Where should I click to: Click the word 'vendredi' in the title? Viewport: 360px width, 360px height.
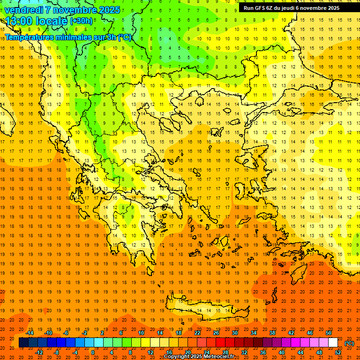pyautogui.click(x=24, y=10)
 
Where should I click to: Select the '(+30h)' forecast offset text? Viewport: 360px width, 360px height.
pyautogui.click(x=81, y=21)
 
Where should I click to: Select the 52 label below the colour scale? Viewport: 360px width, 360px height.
pyautogui.click(x=338, y=352)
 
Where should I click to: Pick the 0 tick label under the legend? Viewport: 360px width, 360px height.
pyautogui.click(x=93, y=352)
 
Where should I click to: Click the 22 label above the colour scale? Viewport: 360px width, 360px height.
pyautogui.click(x=197, y=333)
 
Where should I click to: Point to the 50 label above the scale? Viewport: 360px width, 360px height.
pyautogui.click(x=329, y=333)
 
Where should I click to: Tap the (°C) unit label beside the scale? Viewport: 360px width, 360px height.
pyautogui.click(x=349, y=343)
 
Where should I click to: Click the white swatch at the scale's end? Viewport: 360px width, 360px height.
pyautogui.click(x=333, y=343)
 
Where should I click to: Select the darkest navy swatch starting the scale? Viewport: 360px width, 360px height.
pyautogui.click(x=23, y=343)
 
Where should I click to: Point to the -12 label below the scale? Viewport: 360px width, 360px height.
pyautogui.click(x=39, y=352)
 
